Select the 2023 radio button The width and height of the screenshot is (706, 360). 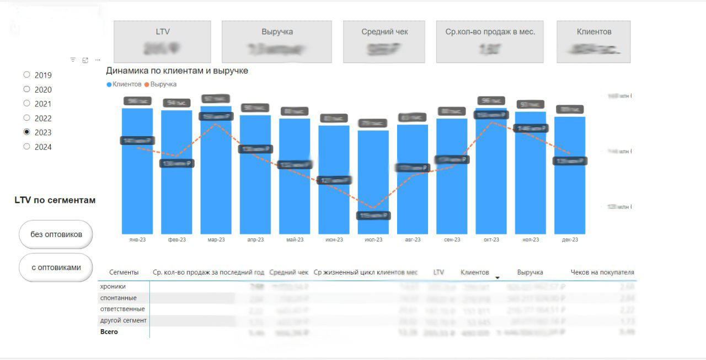(x=26, y=132)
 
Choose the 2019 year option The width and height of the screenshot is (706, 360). (x=26, y=74)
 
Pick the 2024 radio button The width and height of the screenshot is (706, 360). (x=26, y=147)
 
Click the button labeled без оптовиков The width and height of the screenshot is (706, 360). (x=56, y=234)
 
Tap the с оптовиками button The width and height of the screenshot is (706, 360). (x=56, y=267)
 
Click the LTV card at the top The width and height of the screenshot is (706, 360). (x=162, y=41)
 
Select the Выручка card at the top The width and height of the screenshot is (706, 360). (x=277, y=41)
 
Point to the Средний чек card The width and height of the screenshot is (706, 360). (x=384, y=41)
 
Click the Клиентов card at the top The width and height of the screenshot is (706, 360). (x=593, y=41)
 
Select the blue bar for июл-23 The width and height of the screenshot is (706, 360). (x=373, y=182)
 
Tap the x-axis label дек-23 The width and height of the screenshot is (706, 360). (x=570, y=240)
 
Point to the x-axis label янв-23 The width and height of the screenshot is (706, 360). (x=137, y=240)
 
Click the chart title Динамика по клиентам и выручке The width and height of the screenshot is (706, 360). (x=177, y=71)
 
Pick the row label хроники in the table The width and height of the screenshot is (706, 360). (x=113, y=287)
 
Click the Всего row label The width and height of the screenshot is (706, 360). (x=109, y=332)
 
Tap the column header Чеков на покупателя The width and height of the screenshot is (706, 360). (x=602, y=272)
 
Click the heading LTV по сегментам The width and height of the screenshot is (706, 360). (x=55, y=200)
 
